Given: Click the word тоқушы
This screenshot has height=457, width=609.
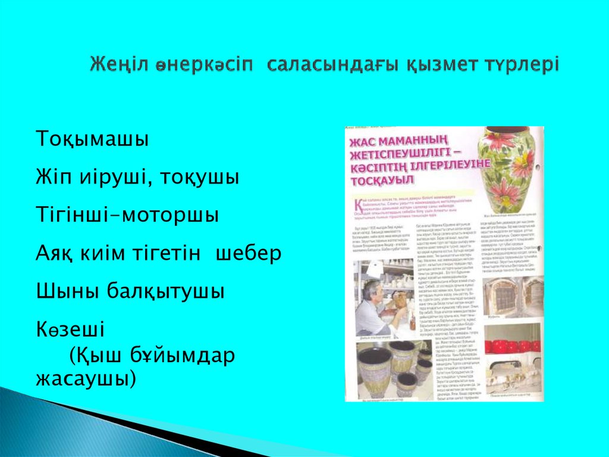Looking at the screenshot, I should pyautogui.click(x=202, y=178).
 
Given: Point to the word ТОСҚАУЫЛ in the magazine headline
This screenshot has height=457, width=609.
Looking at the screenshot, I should pyautogui.click(x=376, y=177).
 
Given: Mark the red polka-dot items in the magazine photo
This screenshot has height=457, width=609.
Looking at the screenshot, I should pyautogui.click(x=513, y=346).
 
